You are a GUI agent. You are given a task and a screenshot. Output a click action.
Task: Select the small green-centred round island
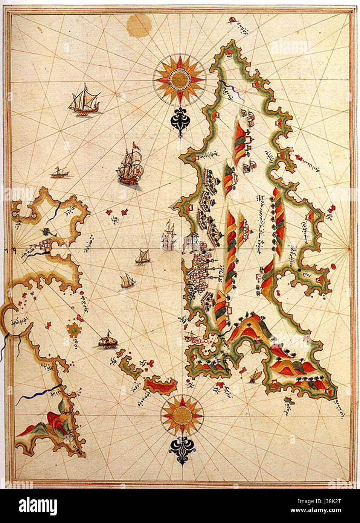(x=74, y=330)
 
